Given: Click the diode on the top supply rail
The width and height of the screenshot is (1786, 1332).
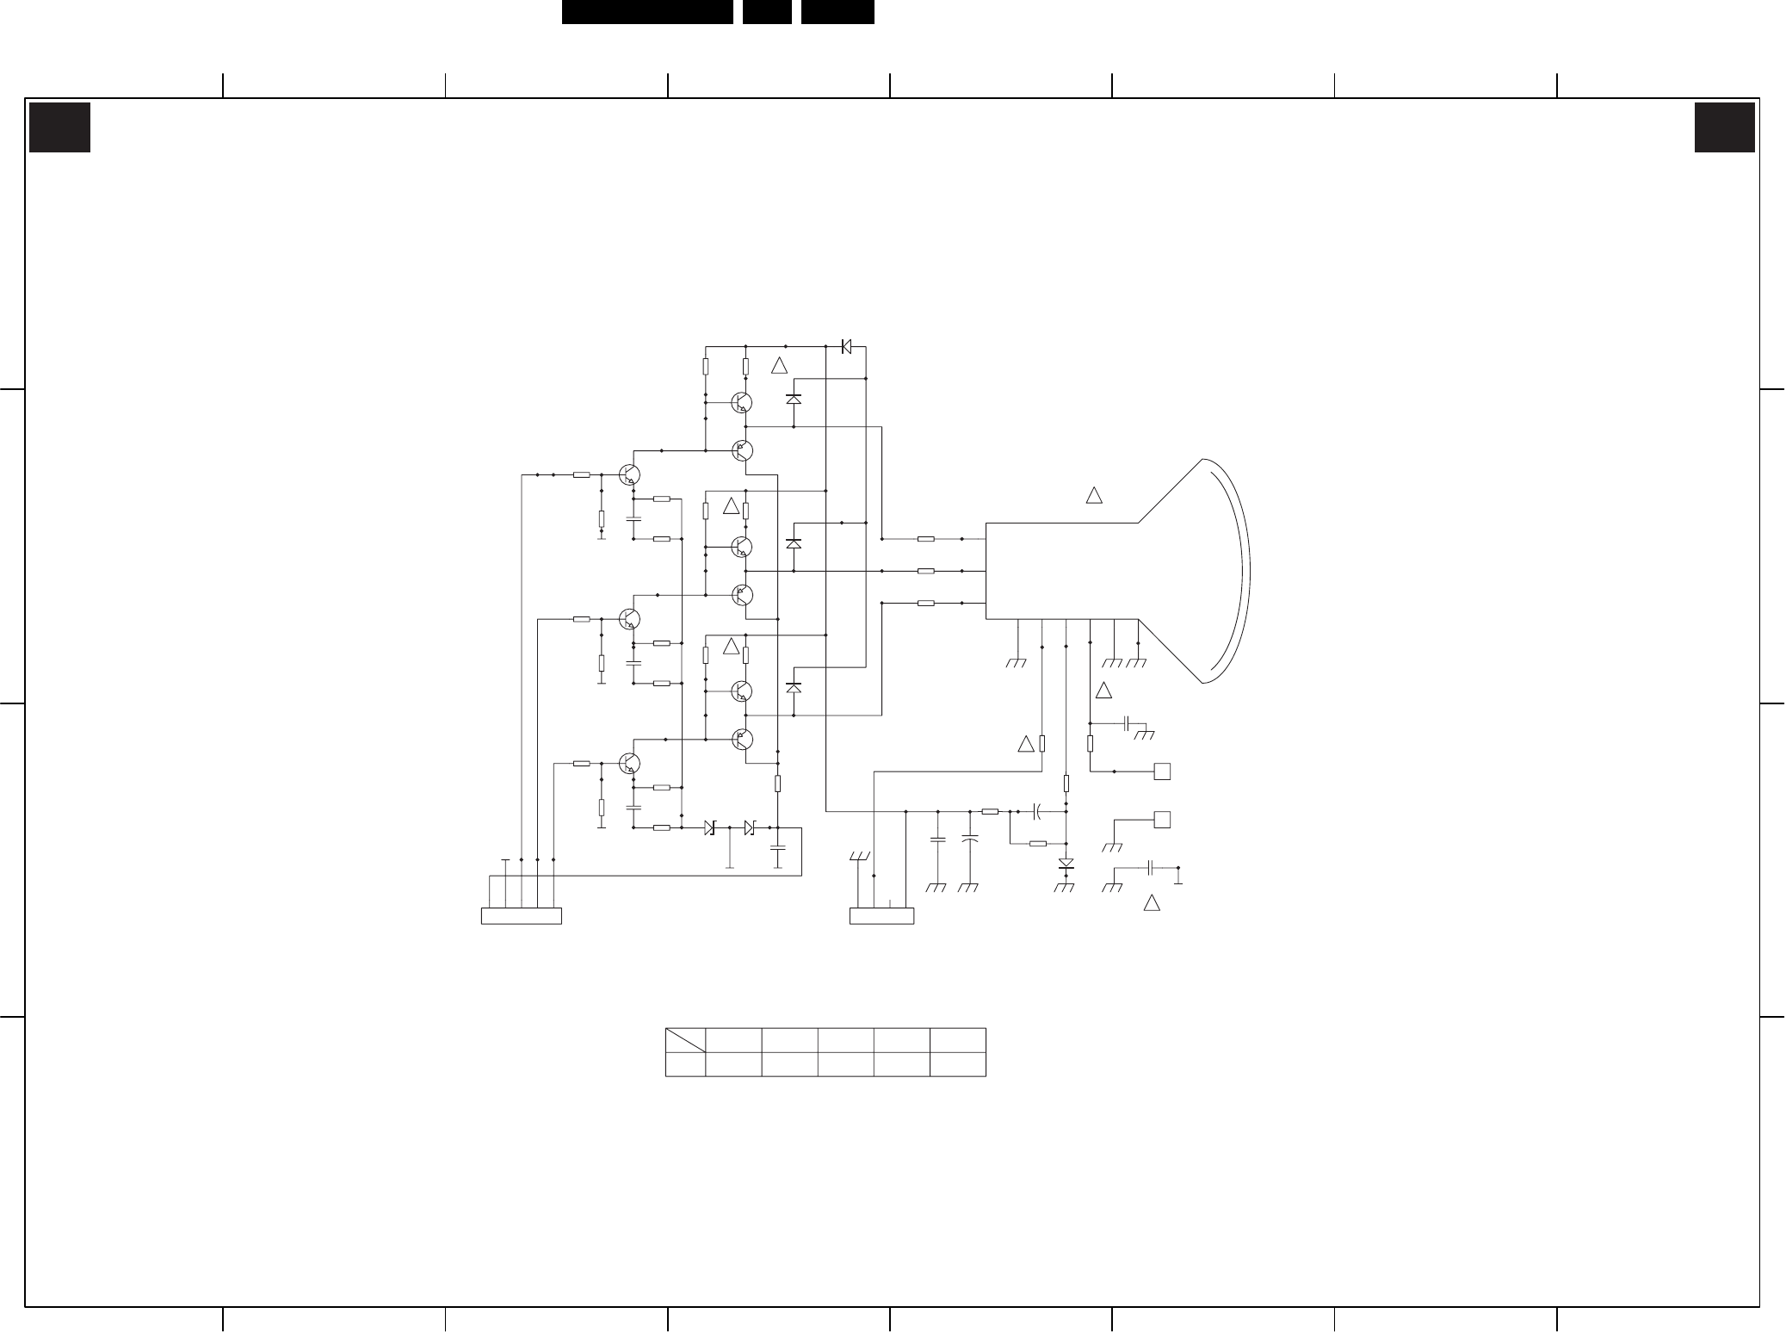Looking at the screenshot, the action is (x=845, y=346).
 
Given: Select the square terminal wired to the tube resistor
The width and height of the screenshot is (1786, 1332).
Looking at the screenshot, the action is (x=1162, y=771).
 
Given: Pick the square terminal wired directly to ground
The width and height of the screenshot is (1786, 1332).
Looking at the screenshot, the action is (x=1162, y=820).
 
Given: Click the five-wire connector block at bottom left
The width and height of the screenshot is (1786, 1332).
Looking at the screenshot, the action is (x=521, y=916).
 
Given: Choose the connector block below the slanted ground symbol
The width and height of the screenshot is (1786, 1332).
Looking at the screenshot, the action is (x=881, y=916).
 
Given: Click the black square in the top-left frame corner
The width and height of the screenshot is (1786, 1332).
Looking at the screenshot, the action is (x=59, y=127).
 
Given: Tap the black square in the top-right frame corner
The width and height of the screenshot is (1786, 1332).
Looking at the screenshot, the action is (x=1724, y=127).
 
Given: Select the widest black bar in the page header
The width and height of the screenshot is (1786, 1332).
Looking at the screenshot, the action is (x=647, y=12).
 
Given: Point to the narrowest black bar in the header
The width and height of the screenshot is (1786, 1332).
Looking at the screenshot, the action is (x=767, y=12).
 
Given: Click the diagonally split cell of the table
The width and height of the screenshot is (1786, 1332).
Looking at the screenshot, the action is (x=685, y=1039).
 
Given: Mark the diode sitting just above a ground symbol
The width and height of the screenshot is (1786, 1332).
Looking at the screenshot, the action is (x=1066, y=863).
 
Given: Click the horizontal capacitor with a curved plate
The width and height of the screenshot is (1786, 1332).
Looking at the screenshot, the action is (x=1038, y=811).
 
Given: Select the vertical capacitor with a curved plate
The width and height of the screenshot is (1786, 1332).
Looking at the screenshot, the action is (x=970, y=838).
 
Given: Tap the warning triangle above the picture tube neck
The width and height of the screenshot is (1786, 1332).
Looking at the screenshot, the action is (x=1094, y=495).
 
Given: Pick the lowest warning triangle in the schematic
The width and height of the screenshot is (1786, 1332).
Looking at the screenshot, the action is (x=1152, y=903).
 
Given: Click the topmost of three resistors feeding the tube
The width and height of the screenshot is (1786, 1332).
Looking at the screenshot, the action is (x=926, y=539).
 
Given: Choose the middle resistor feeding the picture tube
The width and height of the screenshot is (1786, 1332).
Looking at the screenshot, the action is (x=926, y=571).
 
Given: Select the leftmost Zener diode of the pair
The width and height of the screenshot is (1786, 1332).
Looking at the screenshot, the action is (x=709, y=827).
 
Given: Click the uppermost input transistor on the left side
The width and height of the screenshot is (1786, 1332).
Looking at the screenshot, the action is (x=630, y=474).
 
